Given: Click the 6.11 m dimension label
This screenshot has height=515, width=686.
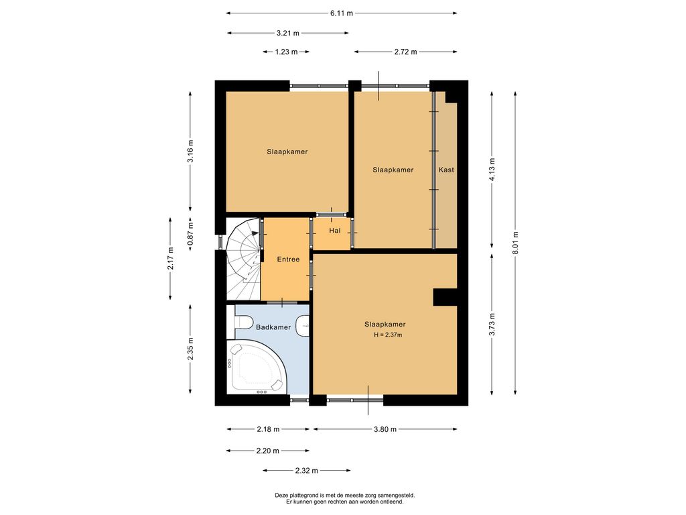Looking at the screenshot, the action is pyautogui.click(x=341, y=13).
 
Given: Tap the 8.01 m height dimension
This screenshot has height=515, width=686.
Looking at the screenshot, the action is pyautogui.click(x=515, y=243).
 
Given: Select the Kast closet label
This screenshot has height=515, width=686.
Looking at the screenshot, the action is pyautogui.click(x=446, y=170).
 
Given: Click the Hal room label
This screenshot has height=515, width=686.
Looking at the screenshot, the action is pyautogui.click(x=335, y=231).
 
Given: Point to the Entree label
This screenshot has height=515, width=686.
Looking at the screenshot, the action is pyautogui.click(x=288, y=260).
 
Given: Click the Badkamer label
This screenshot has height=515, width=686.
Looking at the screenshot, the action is pyautogui.click(x=273, y=327).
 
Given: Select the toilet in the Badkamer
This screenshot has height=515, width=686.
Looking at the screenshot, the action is pyautogui.click(x=243, y=323).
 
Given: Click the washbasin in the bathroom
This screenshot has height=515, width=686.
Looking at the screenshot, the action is pyautogui.click(x=303, y=326).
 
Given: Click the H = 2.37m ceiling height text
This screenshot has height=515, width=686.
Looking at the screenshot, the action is pyautogui.click(x=388, y=335).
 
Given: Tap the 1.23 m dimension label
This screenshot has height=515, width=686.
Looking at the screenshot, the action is pyautogui.click(x=287, y=52).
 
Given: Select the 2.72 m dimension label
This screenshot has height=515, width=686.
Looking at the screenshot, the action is pyautogui.click(x=405, y=52).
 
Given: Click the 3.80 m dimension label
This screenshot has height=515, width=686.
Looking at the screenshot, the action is pyautogui.click(x=385, y=429).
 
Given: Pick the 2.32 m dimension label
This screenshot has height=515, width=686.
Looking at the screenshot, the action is pyautogui.click(x=306, y=471).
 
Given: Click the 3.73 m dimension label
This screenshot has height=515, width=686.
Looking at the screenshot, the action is pyautogui.click(x=492, y=325).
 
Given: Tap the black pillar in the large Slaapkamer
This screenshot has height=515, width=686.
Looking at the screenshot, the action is pyautogui.click(x=445, y=297).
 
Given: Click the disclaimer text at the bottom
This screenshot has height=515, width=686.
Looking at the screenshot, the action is pyautogui.click(x=345, y=498).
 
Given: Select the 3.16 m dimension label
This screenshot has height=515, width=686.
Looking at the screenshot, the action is pyautogui.click(x=190, y=151).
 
